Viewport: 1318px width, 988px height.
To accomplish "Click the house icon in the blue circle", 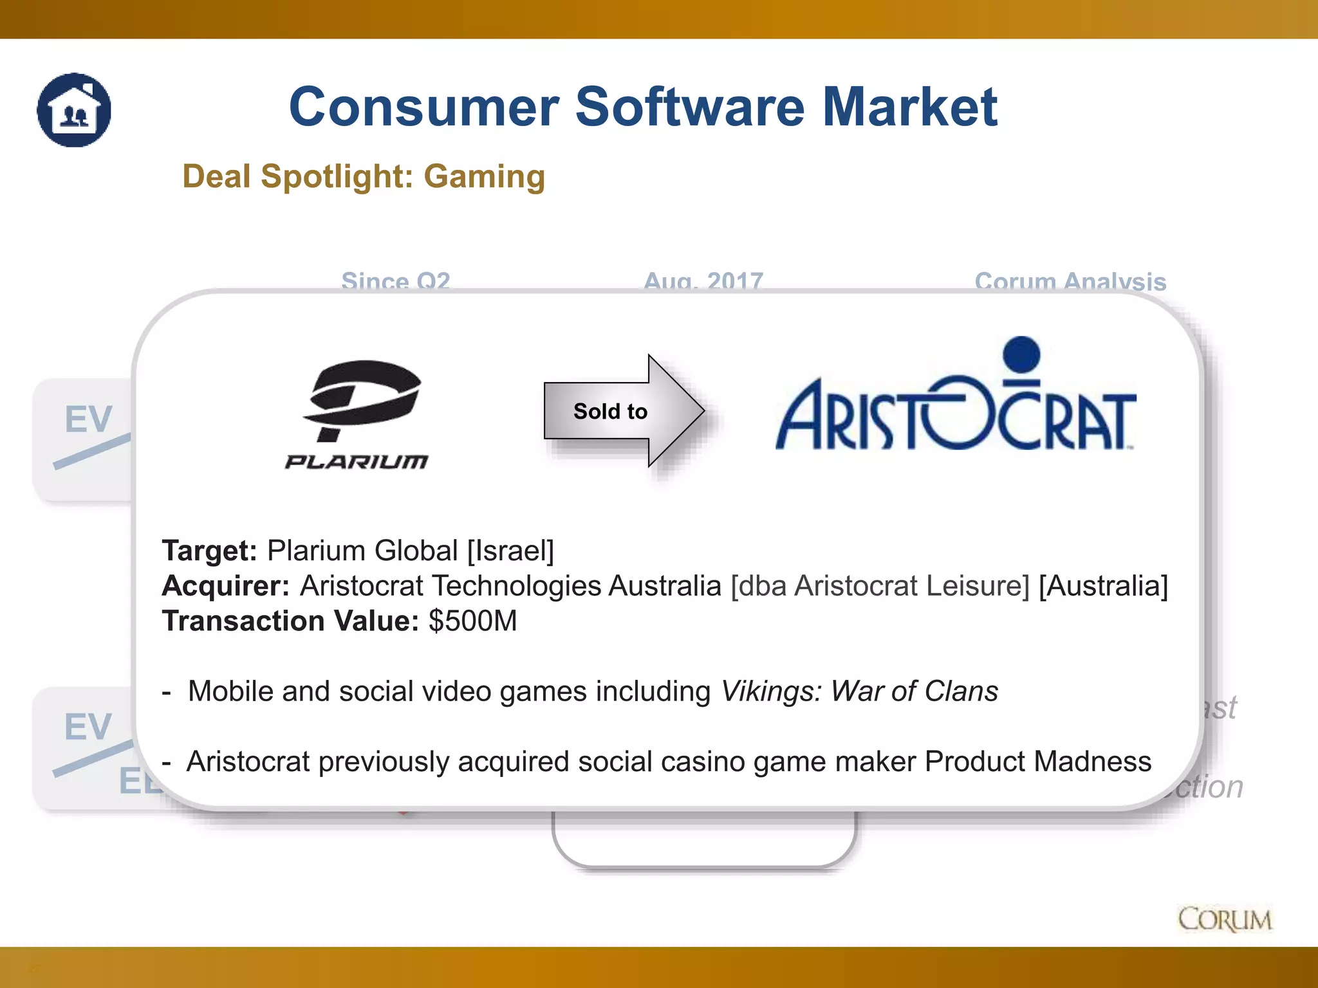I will click(74, 110).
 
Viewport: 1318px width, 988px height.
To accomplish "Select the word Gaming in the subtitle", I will click(484, 176).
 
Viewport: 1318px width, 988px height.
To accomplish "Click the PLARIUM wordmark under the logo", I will click(357, 462).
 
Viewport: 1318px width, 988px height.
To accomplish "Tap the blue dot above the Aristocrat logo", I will click(1021, 354).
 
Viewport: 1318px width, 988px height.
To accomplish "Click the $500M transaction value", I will click(473, 621).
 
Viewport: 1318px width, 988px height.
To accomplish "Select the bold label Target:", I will click(209, 551).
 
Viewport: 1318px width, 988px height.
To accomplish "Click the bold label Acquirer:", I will click(226, 586).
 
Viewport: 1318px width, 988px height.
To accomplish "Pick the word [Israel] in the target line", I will click(510, 551).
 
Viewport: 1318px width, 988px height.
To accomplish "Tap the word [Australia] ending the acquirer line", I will click(1103, 586).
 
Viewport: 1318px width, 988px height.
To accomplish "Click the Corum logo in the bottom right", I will click(1225, 919).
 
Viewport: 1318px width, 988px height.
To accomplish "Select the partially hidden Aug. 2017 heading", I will click(703, 281).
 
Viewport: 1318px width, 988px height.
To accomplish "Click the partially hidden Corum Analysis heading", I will click(1070, 282).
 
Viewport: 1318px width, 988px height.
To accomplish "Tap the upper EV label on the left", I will click(88, 419).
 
